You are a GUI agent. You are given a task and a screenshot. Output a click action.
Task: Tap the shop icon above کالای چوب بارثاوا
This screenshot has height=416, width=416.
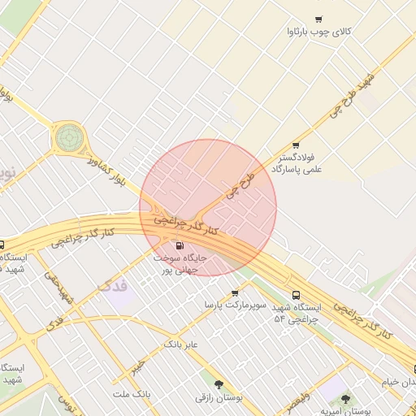click(x=318, y=19)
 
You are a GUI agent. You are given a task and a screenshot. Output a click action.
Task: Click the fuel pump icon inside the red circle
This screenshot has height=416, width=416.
click(x=180, y=245)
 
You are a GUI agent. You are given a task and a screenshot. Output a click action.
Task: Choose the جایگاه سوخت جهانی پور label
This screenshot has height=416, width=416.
click(x=181, y=262)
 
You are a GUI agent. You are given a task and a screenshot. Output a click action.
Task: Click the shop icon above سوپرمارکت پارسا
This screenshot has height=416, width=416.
click(x=235, y=292)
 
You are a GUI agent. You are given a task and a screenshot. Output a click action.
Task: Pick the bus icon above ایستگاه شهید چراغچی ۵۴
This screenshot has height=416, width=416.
click(x=295, y=296)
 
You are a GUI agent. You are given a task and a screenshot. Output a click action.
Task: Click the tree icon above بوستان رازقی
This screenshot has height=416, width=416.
click(x=217, y=384)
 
